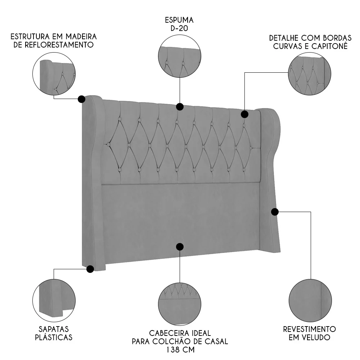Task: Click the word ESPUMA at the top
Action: [180, 20]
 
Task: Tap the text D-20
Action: [180, 28]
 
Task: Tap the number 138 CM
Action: [180, 350]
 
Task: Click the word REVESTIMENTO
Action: [309, 329]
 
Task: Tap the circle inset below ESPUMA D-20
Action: [179, 62]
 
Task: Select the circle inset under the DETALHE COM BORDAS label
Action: [310, 75]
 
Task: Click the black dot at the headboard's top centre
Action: [180, 107]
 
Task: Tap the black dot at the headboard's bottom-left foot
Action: [90, 269]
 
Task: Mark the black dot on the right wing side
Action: [275, 212]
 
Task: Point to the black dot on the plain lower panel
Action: [180, 247]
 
